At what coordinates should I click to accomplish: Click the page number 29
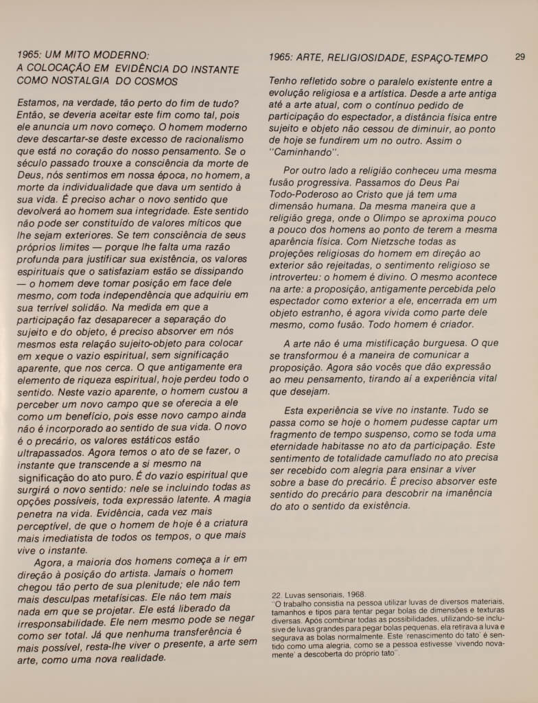(x=519, y=58)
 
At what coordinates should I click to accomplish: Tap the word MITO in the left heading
(x=76, y=56)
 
